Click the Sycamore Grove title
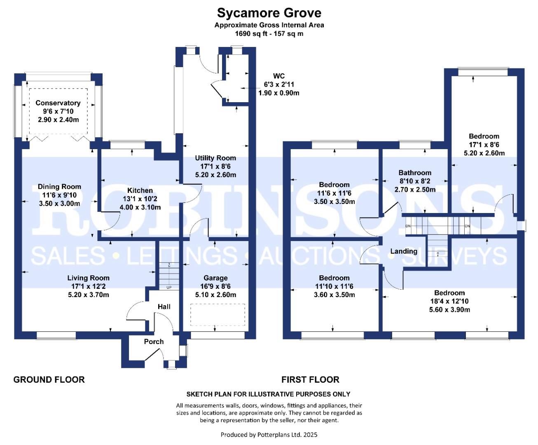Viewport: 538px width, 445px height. point(269,13)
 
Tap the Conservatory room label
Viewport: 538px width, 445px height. point(58,103)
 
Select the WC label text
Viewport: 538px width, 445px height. point(279,76)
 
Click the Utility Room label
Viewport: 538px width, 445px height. point(215,158)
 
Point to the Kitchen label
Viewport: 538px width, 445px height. point(140,190)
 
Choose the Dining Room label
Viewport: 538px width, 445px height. point(59,187)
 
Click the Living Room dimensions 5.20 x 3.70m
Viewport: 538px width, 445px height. point(89,295)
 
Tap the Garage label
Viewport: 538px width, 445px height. point(215,278)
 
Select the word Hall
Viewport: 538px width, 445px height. point(164,307)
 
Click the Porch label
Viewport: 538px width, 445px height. point(154,342)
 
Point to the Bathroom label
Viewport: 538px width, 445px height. point(415,173)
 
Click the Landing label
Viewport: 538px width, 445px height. point(404,251)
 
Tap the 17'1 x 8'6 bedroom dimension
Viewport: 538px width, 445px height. point(484,145)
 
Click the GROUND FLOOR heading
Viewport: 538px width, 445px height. point(49,379)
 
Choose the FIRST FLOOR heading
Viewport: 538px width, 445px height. point(310,379)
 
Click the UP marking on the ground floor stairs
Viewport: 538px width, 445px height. point(169,287)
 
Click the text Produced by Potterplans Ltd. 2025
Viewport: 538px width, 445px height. point(269,434)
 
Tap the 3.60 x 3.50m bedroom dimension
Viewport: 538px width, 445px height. point(334,295)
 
